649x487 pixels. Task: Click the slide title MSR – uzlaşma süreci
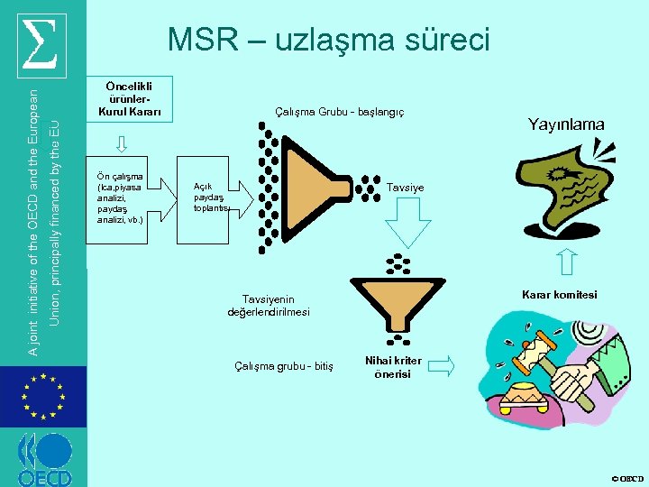pyautogui.click(x=329, y=40)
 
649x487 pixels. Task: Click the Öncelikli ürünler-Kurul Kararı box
pyautogui.click(x=129, y=98)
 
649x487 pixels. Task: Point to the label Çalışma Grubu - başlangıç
pyautogui.click(x=339, y=112)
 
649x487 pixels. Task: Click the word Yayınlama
pyautogui.click(x=566, y=124)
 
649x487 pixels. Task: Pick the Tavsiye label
pyautogui.click(x=405, y=188)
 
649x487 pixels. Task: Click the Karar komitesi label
pyautogui.click(x=559, y=295)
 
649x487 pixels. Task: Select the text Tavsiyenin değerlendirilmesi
pyautogui.click(x=268, y=305)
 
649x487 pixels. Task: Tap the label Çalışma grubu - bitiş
pyautogui.click(x=283, y=365)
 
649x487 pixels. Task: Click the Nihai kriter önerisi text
pyautogui.click(x=393, y=367)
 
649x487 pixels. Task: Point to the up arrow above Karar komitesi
pyautogui.click(x=567, y=262)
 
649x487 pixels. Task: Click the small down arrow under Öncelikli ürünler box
pyautogui.click(x=123, y=143)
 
